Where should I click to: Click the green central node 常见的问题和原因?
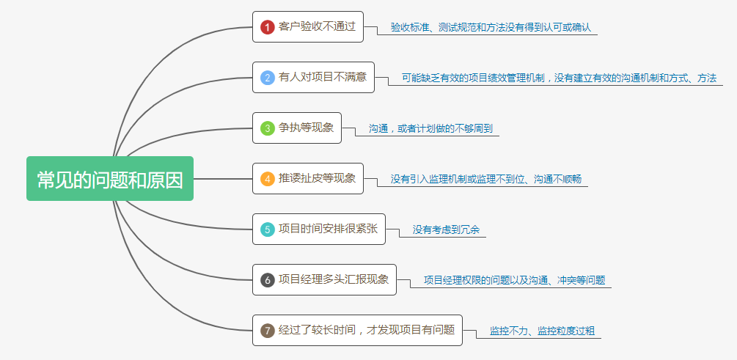(110, 179)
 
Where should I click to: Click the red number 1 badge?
(268, 27)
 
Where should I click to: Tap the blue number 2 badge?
(268, 77)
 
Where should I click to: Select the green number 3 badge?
(268, 128)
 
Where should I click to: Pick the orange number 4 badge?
(268, 178)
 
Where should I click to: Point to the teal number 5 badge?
(268, 229)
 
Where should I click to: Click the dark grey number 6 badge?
(268, 279)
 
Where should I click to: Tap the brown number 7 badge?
(268, 331)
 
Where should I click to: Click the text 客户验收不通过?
(317, 27)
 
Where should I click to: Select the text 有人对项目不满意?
(323, 77)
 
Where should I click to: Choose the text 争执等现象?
(306, 128)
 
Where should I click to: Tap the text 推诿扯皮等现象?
(317, 178)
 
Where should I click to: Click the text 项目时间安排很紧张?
(328, 229)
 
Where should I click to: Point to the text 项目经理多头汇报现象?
(334, 279)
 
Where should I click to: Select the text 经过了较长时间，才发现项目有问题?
(367, 330)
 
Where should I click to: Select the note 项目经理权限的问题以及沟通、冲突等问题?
(515, 280)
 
